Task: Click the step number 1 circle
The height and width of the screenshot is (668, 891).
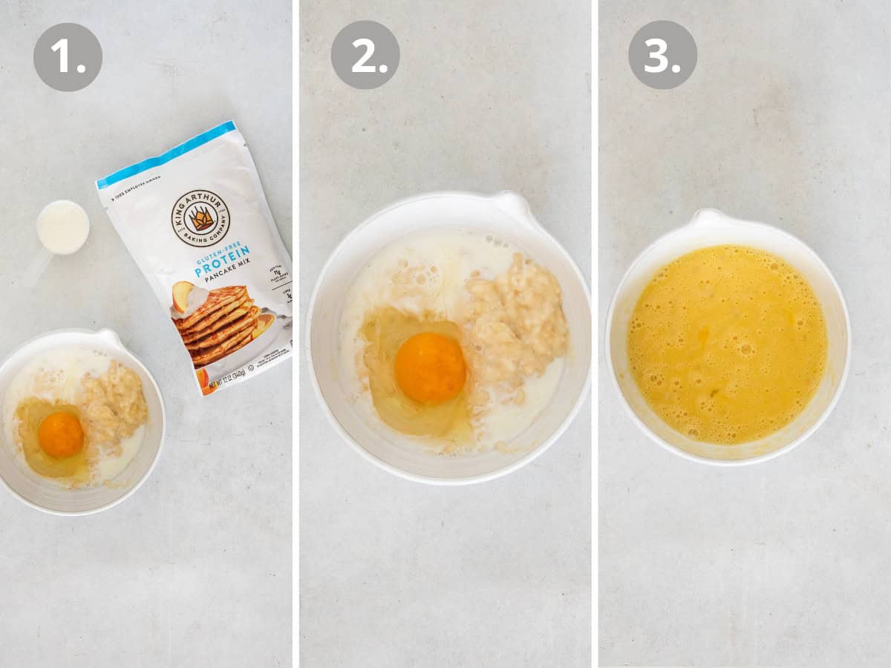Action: pyautogui.click(x=68, y=56)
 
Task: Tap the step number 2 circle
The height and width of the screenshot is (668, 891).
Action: pyautogui.click(x=365, y=54)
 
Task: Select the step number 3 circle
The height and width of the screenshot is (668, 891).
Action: pyautogui.click(x=662, y=54)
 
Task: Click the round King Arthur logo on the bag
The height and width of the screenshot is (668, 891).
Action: pyautogui.click(x=200, y=217)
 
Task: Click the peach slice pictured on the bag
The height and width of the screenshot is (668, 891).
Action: pyautogui.click(x=181, y=295)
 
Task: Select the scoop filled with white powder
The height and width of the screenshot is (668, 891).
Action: pyautogui.click(x=63, y=227)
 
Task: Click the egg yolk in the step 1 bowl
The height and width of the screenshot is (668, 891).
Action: pyautogui.click(x=61, y=434)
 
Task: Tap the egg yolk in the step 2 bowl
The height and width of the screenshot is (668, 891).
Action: pyautogui.click(x=430, y=367)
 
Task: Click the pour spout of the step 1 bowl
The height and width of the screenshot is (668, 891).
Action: pyautogui.click(x=109, y=338)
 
